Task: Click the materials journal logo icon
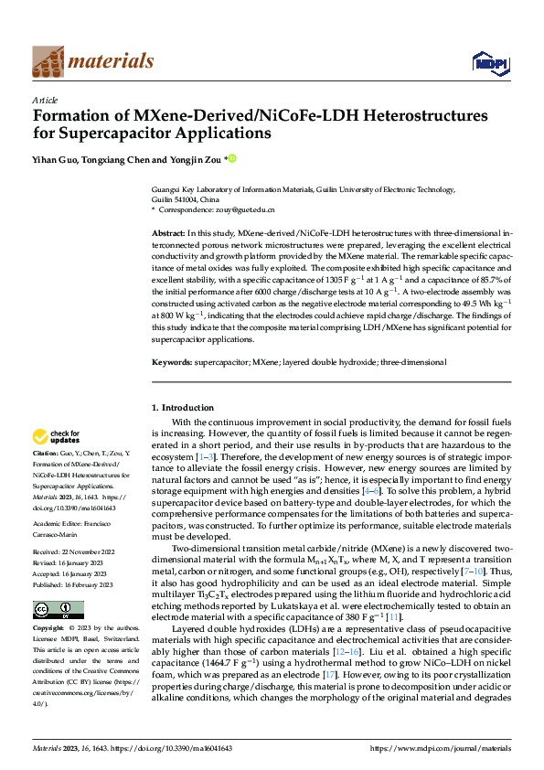(x=48, y=61)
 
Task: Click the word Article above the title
(x=45, y=100)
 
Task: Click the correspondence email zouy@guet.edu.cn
(x=240, y=209)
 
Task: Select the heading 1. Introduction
(x=182, y=407)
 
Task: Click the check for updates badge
(x=59, y=437)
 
